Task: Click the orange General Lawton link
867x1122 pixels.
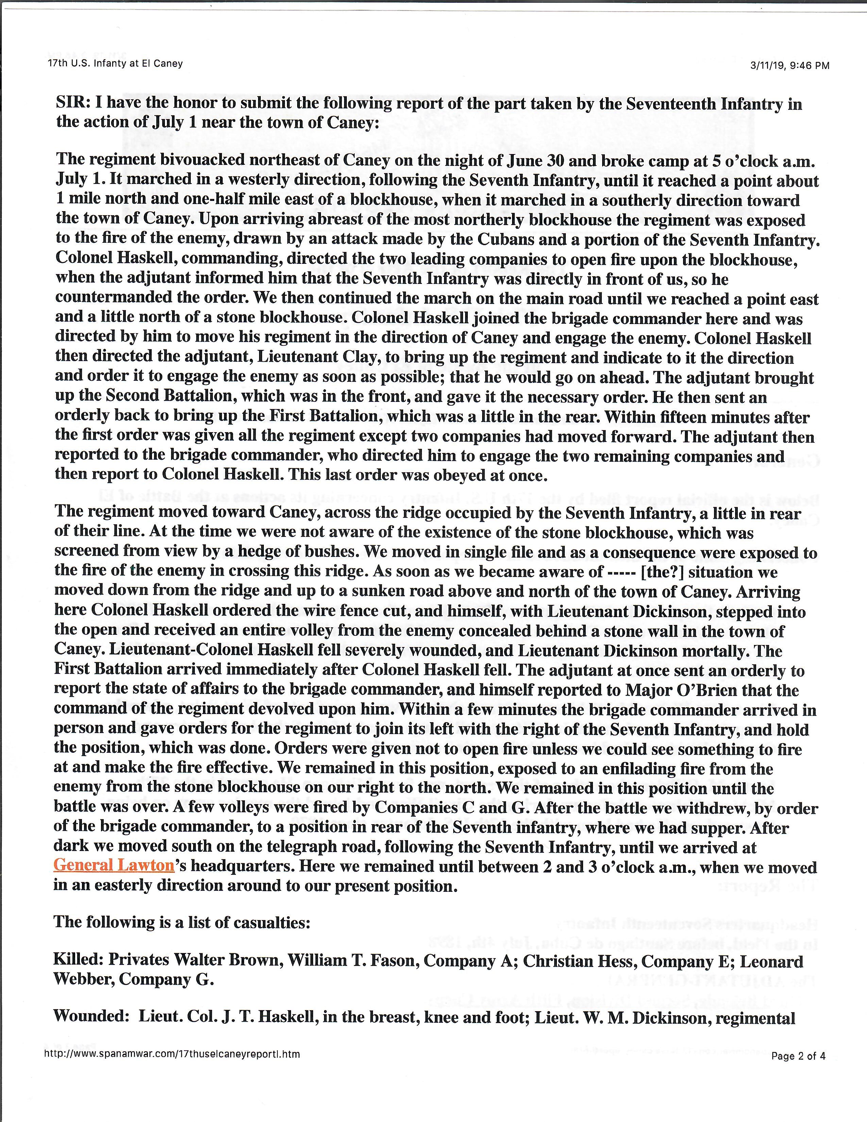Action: [x=114, y=866]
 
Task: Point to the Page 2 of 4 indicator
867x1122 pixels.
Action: [x=798, y=1056]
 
